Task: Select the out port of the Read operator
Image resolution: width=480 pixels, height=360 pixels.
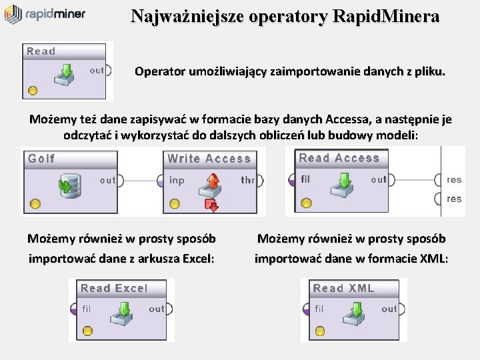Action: pyautogui.click(x=97, y=71)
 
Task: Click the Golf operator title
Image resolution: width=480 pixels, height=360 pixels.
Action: pyautogui.click(x=41, y=159)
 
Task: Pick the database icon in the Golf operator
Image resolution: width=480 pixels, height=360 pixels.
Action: pyautogui.click(x=69, y=183)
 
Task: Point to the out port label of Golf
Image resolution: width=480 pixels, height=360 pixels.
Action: pyautogui.click(x=107, y=180)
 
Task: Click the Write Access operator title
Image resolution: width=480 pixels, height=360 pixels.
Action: pyautogui.click(x=209, y=159)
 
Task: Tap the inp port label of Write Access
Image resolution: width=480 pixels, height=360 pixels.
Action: pyautogui.click(x=177, y=180)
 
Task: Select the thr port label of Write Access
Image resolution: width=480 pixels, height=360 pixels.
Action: pyautogui.click(x=247, y=180)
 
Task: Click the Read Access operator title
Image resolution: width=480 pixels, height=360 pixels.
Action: pyautogui.click(x=339, y=158)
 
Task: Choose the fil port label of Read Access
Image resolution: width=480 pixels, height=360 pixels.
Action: pyautogui.click(x=305, y=179)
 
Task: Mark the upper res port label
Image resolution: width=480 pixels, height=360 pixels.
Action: pyautogui.click(x=454, y=179)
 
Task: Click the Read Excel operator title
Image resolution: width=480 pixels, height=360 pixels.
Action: pyautogui.click(x=114, y=288)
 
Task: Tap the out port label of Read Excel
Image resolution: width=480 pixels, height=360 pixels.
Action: pyautogui.click(x=157, y=309)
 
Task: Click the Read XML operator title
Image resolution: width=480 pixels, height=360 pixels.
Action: pyautogui.click(x=343, y=288)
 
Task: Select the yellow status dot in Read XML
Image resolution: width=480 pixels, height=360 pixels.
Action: pyautogui.click(x=319, y=331)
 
